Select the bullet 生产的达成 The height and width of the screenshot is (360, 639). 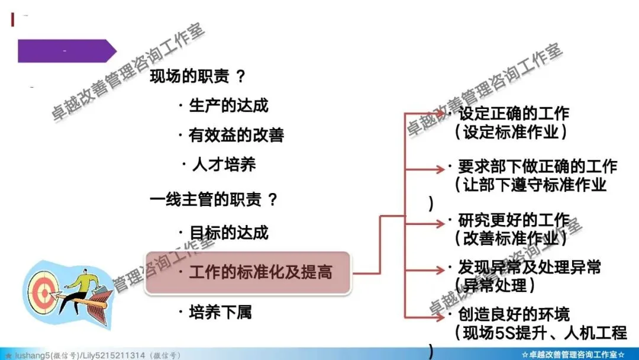click(228, 105)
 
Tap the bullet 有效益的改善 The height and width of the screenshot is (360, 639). click(236, 135)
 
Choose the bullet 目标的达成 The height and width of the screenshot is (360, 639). click(228, 232)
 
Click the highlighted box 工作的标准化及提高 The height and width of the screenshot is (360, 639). click(248, 272)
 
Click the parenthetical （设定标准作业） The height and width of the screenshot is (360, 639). click(511, 131)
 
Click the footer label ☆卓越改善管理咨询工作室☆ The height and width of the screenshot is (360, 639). click(575, 355)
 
